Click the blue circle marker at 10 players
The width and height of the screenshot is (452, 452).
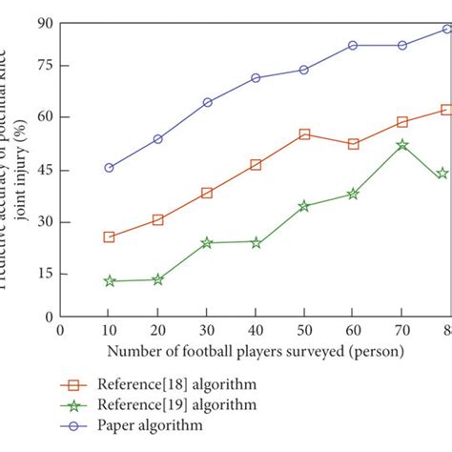point(109,167)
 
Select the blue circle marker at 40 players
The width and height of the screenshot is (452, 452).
point(256,78)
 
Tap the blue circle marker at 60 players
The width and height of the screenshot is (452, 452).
point(353,45)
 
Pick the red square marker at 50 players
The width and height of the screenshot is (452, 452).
point(304,134)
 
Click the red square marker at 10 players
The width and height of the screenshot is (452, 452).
point(109,236)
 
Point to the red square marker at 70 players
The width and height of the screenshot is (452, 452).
point(401,122)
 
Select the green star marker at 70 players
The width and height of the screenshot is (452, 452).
point(401,145)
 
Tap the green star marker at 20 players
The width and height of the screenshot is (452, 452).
point(157,279)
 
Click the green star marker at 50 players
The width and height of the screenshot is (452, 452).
point(304,206)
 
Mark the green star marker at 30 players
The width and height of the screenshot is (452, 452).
point(207,242)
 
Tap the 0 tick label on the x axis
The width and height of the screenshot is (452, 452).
point(60,329)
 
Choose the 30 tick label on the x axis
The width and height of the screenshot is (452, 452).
point(207,329)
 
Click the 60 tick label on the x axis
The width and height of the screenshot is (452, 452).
point(353,329)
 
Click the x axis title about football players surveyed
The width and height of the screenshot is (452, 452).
point(255,350)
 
